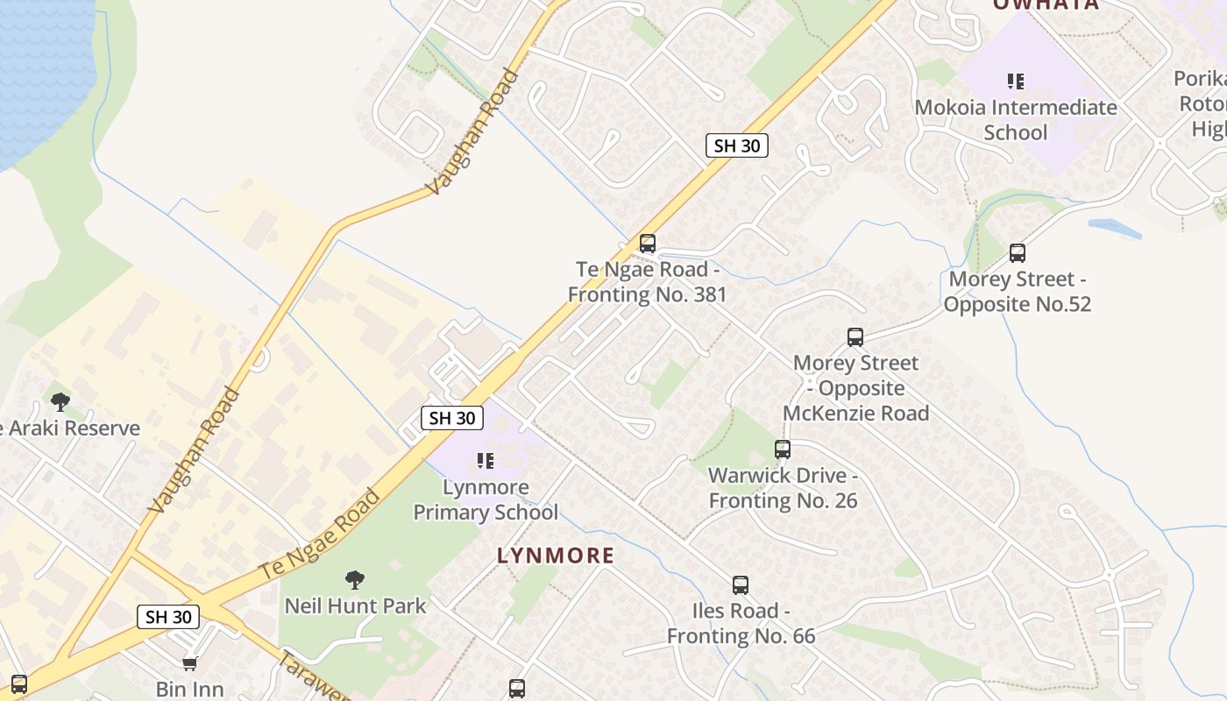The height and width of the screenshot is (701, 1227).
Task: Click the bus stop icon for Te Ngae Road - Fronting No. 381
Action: click(x=648, y=244)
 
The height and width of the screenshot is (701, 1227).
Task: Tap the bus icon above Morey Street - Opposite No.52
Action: click(x=1018, y=253)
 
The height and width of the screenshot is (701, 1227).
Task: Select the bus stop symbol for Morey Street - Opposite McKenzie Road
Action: click(x=855, y=337)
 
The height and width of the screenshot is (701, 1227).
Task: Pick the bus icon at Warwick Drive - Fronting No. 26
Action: click(x=783, y=450)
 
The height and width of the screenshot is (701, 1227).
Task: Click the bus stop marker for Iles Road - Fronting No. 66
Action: click(x=741, y=585)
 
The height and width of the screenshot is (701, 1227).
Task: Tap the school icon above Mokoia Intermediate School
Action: click(x=1016, y=82)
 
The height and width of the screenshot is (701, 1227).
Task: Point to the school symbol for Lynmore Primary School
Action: click(x=486, y=461)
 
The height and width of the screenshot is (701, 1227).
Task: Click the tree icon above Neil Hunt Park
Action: click(x=355, y=579)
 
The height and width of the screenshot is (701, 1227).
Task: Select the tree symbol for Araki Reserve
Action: click(x=60, y=402)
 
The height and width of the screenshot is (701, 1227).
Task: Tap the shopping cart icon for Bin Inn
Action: click(x=189, y=663)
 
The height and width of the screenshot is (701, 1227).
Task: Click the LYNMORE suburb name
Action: click(x=556, y=556)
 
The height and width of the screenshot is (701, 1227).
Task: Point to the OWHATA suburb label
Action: click(x=1046, y=5)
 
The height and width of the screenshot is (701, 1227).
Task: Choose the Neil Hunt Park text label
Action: click(x=355, y=605)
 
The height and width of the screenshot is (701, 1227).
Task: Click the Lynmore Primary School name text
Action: click(x=486, y=499)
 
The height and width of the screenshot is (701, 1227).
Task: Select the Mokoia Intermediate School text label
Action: click(x=1016, y=120)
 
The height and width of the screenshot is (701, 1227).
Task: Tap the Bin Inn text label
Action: click(x=189, y=689)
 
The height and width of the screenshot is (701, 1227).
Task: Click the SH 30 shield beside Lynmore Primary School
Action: click(x=452, y=418)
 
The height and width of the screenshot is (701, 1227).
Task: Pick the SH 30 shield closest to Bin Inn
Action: click(x=168, y=617)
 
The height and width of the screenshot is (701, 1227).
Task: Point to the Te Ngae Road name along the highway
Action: click(x=320, y=535)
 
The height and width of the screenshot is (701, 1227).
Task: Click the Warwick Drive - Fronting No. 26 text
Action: click(x=783, y=488)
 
